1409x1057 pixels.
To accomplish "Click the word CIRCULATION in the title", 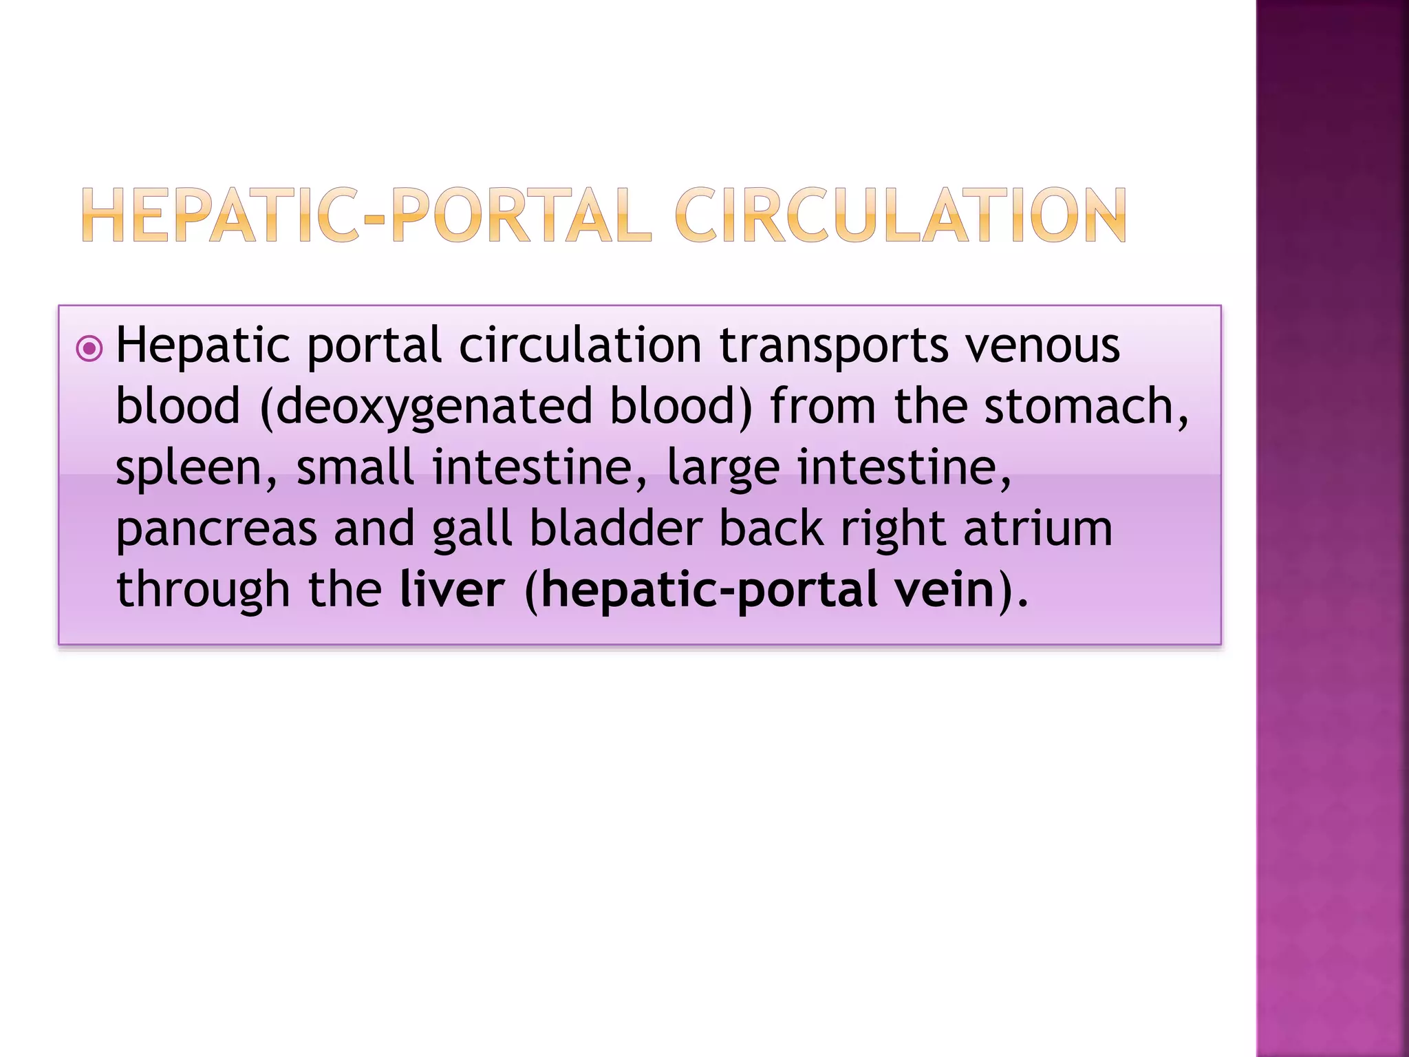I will (901, 216).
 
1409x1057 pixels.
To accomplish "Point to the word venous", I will (1043, 345).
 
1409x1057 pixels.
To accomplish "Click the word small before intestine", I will (355, 467).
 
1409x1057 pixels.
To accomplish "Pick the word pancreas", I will (216, 530).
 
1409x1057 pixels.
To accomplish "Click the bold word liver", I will (452, 590).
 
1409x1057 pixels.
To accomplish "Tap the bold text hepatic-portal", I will (709, 591).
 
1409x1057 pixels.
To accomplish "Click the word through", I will (203, 591).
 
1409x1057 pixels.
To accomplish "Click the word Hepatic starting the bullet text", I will (203, 347).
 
